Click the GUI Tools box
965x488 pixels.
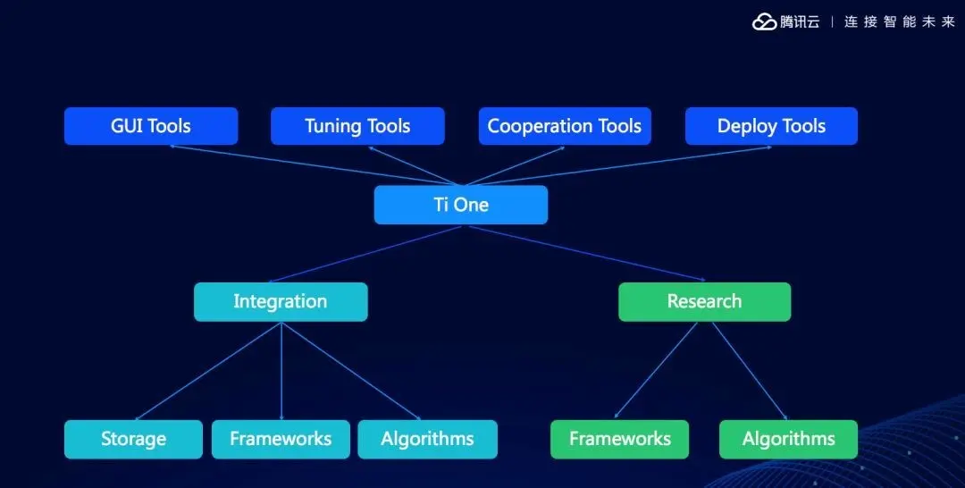coord(151,126)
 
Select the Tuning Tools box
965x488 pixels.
coord(357,126)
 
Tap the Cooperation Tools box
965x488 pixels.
coord(565,126)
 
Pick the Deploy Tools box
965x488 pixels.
coord(771,126)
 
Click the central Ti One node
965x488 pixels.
coord(461,205)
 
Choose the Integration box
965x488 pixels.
coord(281,301)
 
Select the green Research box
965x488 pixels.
coord(705,301)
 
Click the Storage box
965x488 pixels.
coord(133,440)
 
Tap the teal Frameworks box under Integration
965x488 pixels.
coord(281,440)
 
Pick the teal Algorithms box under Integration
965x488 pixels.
coord(427,440)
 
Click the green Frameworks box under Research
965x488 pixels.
coord(620,440)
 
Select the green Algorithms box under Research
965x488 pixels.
coord(788,440)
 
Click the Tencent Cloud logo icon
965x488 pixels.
coord(765,22)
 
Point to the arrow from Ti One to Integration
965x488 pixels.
coord(365,254)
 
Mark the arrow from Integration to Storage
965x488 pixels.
coord(207,372)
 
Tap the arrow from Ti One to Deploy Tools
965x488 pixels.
coord(618,165)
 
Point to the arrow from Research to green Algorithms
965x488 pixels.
coord(750,371)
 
